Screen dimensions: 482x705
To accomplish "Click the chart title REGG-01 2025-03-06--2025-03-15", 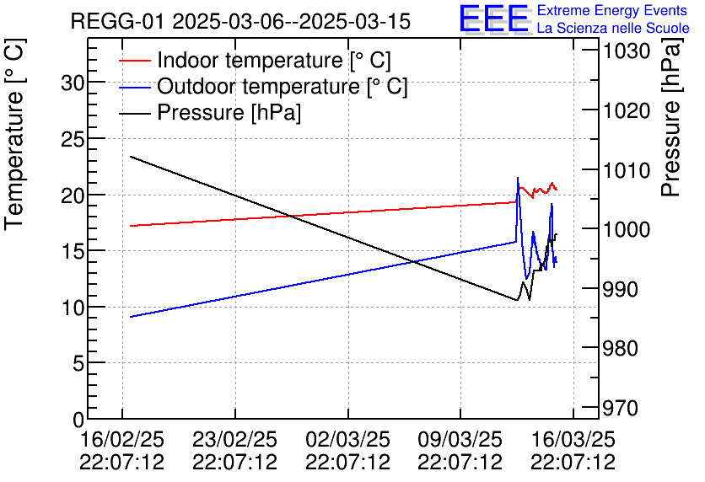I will click(240, 21).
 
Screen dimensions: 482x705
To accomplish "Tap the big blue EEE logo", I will click(494, 19).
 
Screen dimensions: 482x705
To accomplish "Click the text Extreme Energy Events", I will click(612, 11).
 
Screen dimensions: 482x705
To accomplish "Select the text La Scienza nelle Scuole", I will click(613, 28).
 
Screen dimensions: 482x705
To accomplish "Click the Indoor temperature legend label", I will click(274, 61).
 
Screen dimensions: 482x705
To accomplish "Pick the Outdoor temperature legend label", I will click(283, 87).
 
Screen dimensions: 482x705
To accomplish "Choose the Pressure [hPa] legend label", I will click(229, 113).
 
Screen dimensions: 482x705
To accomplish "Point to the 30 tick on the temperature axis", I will click(72, 83).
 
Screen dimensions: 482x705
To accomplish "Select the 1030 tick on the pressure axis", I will click(626, 51).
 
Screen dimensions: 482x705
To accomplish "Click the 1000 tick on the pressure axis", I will click(626, 229).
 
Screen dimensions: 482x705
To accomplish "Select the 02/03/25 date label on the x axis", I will click(347, 440).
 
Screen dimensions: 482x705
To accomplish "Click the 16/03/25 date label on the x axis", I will click(573, 440).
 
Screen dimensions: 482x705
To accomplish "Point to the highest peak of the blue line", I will click(518, 178).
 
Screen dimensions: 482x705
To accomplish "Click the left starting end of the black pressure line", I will click(131, 156).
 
